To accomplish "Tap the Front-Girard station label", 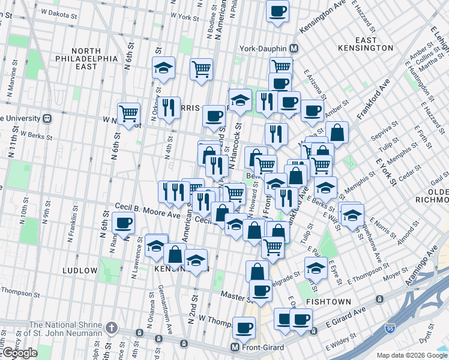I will [262, 347].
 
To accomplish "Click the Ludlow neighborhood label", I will [80, 271].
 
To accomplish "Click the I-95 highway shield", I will [390, 329].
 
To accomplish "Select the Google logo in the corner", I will [19, 353].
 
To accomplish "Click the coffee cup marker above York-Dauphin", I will [278, 11].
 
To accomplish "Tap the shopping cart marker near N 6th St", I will [128, 113].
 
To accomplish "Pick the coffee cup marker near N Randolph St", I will [124, 224].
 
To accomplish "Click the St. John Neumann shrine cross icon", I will [110, 328].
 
